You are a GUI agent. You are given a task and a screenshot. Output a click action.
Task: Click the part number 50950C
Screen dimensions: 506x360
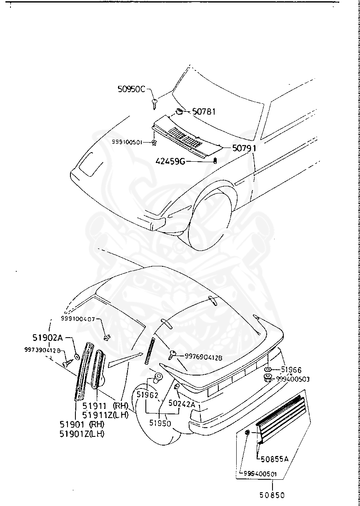click(x=131, y=89)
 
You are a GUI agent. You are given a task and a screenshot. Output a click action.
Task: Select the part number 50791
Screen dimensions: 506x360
click(x=244, y=148)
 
